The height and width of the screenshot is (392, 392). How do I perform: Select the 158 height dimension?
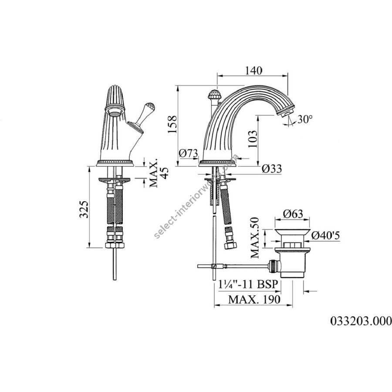172,124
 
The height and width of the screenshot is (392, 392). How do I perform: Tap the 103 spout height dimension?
253,139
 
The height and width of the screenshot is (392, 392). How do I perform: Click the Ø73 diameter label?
189,153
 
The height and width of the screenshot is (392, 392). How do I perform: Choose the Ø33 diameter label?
272,169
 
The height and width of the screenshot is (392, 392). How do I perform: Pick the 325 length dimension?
84,209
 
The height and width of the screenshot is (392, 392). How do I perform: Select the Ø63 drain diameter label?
293,214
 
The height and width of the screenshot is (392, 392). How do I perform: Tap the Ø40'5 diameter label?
326,235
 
